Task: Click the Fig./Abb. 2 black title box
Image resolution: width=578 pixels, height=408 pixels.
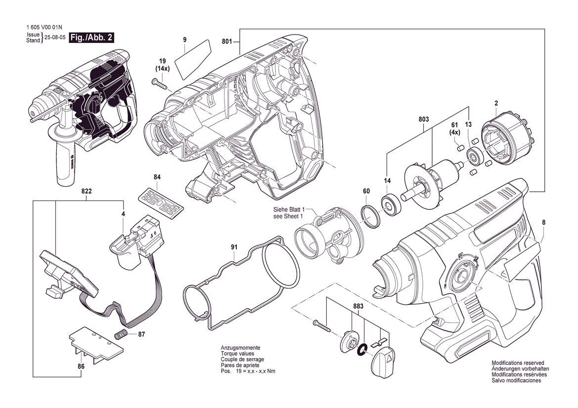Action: tap(91, 38)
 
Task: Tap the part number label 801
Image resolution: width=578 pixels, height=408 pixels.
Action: tap(226, 42)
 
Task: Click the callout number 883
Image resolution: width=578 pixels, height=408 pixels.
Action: tap(358, 307)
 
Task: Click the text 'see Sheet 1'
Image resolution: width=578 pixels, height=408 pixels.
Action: tap(288, 216)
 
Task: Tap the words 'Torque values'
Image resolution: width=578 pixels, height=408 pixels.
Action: tap(237, 354)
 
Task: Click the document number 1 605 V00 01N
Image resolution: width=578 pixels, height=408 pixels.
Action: tap(43, 28)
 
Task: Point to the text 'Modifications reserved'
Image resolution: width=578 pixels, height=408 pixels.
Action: tap(518, 363)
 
